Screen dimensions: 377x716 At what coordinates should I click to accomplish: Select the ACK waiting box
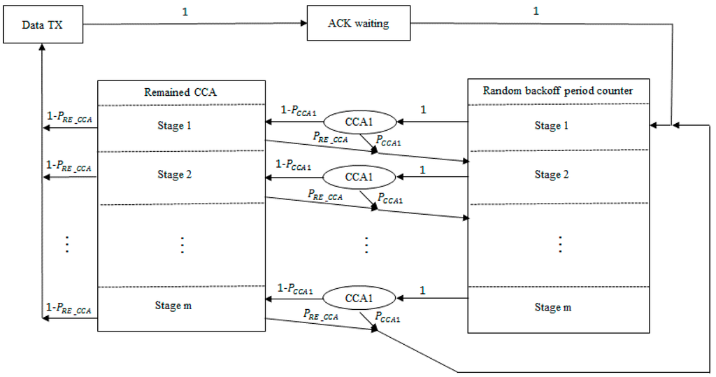tap(359, 23)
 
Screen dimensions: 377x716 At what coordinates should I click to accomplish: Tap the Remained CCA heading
tap(180, 92)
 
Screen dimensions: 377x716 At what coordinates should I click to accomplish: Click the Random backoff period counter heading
tap(557, 91)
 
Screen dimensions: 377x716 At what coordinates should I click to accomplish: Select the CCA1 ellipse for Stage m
tap(359, 299)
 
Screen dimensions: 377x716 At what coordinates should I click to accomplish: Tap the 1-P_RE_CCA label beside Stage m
tap(69, 308)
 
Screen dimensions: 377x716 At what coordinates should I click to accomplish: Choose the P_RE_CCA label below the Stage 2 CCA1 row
tap(325, 197)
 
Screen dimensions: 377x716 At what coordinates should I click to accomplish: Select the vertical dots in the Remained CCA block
tap(181, 245)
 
